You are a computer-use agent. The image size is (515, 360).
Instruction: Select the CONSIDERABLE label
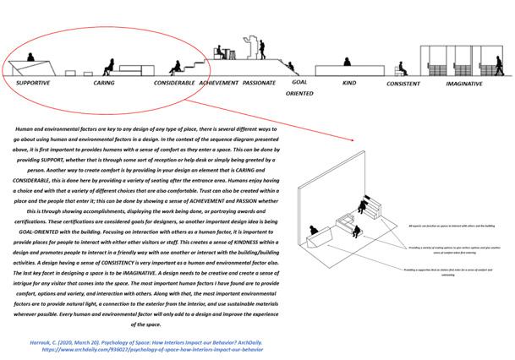[x=175, y=84]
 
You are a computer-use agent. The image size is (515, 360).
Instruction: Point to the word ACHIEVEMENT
[x=218, y=84]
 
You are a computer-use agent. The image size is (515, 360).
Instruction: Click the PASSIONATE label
[x=259, y=84]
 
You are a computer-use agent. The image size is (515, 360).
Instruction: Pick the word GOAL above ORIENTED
[x=299, y=82]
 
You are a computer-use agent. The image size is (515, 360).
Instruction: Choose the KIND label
[x=348, y=84]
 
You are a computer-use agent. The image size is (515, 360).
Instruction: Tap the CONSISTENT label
[x=403, y=85]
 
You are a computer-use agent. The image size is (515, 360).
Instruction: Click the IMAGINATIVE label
[x=464, y=84]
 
